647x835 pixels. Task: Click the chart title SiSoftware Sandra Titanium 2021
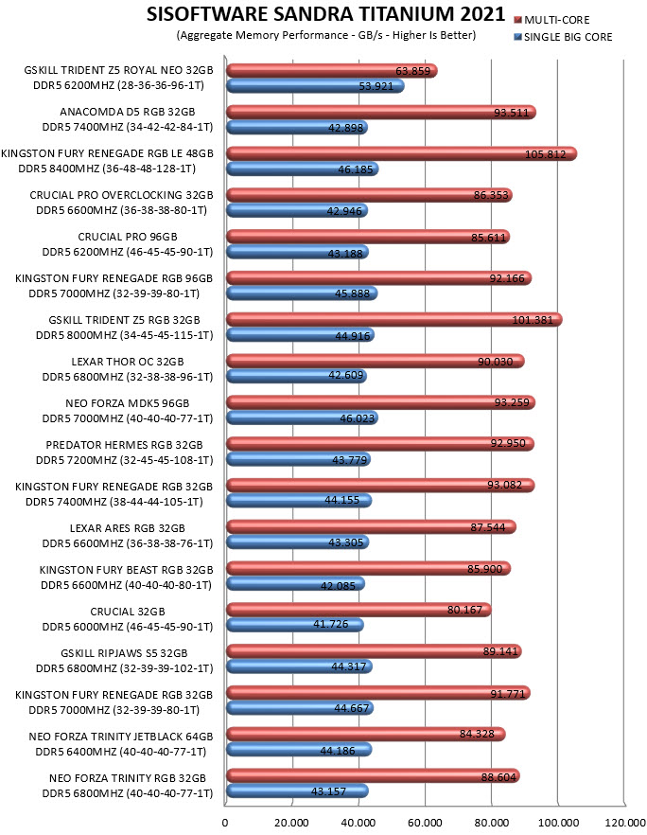325,14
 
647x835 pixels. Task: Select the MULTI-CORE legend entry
552,20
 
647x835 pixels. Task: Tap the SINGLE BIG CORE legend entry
564,37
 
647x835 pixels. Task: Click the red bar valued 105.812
402,154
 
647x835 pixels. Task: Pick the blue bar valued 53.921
316,86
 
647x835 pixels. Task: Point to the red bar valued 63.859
332,70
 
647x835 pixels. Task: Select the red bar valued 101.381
394,320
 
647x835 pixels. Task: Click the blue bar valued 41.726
295,625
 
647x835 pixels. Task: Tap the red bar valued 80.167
359,610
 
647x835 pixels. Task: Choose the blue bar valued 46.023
303,417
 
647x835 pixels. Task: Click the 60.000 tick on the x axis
425,823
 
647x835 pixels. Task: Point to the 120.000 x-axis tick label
624,823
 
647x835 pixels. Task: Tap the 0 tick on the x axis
225,823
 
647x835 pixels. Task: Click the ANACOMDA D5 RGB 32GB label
127,112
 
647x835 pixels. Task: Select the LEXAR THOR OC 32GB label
128,362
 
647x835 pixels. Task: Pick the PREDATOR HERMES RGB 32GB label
125,445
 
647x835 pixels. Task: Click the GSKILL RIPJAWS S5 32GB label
124,653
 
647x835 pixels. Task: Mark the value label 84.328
477,734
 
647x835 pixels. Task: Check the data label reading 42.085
338,586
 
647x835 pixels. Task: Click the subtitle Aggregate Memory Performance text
325,35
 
